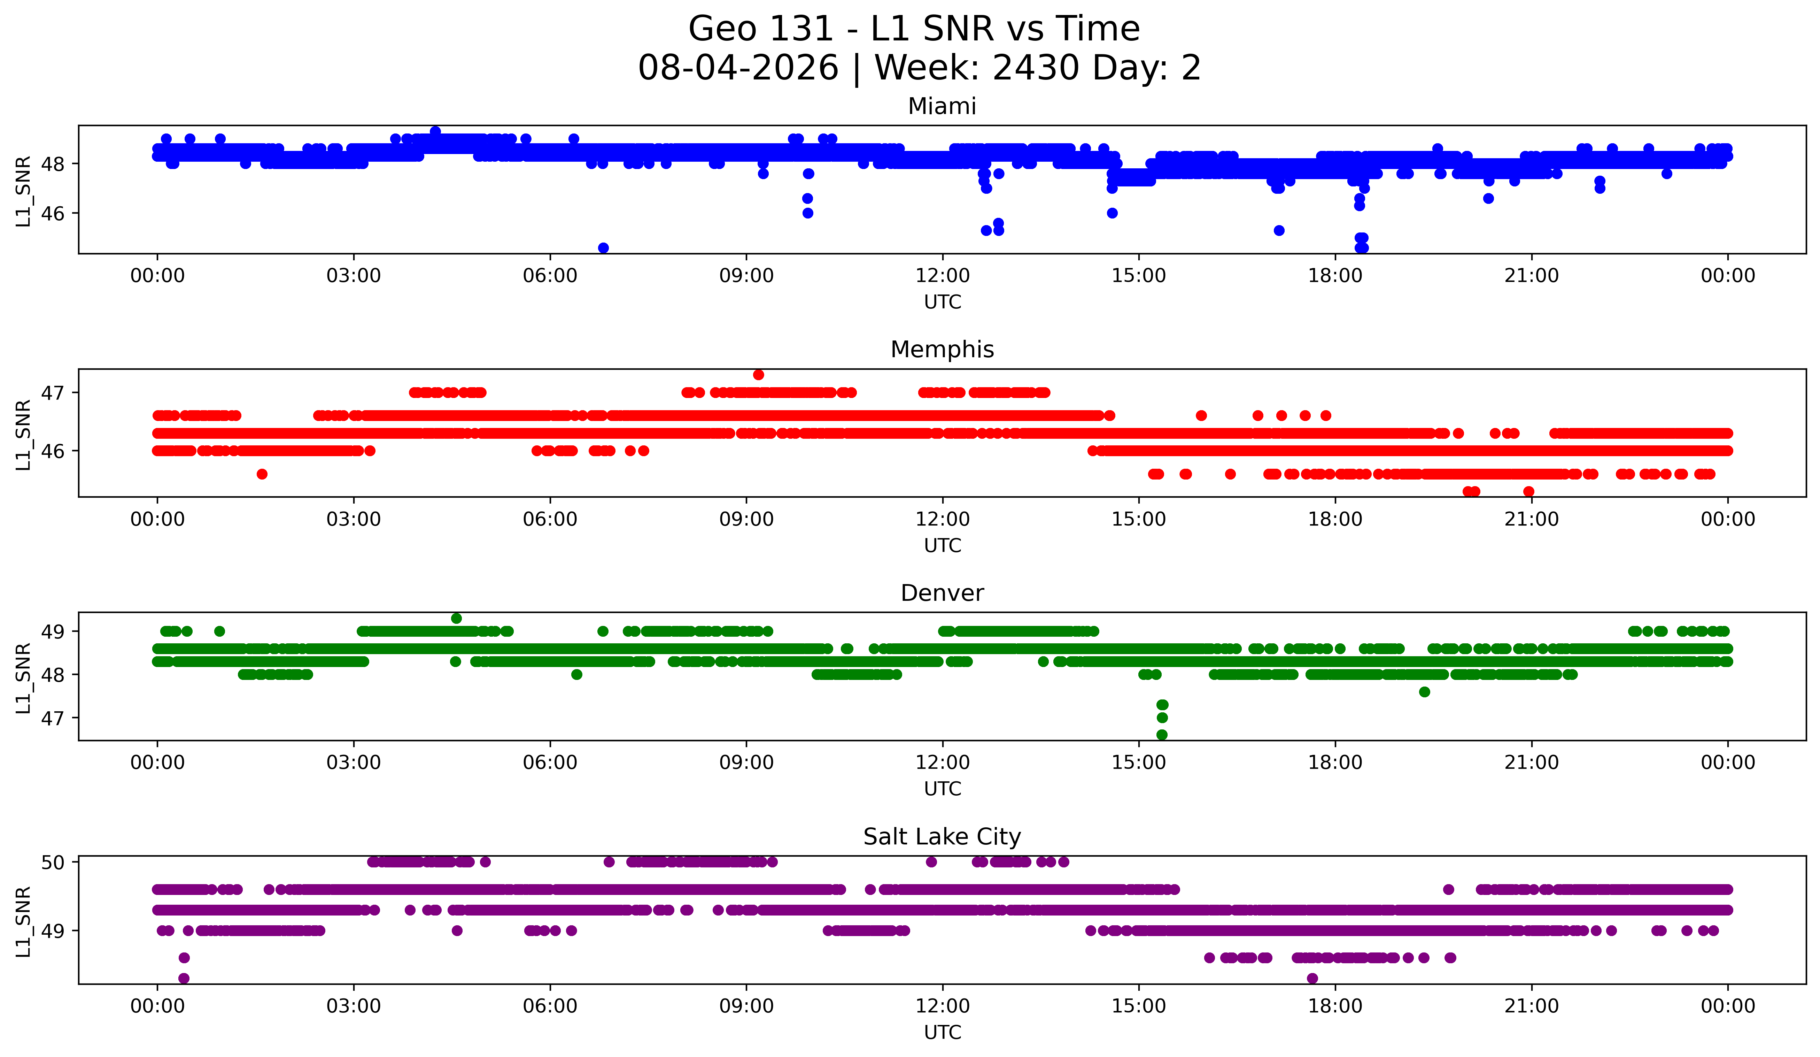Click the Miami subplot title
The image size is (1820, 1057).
coord(942,106)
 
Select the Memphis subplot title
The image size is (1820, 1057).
coord(942,350)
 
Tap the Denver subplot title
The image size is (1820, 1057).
coord(942,593)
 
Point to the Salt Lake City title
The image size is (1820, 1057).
coord(942,837)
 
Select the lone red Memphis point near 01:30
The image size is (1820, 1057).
coord(262,474)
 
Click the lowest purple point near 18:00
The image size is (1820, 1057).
coord(1312,978)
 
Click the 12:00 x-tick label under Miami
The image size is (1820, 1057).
coord(943,276)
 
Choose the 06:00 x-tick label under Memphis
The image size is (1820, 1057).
coord(550,520)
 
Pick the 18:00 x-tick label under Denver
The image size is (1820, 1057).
coord(1335,763)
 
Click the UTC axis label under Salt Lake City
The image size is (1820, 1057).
coord(943,1033)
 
